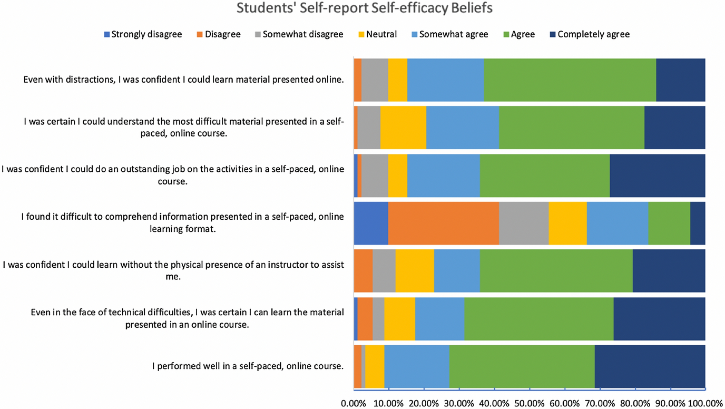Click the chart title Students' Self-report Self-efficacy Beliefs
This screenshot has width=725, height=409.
pyautogui.click(x=365, y=8)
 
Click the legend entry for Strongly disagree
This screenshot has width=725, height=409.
pyautogui.click(x=143, y=34)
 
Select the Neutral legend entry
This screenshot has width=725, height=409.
pyautogui.click(x=378, y=34)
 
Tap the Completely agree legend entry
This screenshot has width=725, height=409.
pyautogui.click(x=590, y=34)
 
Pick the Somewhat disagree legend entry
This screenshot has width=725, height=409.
pyautogui.click(x=299, y=34)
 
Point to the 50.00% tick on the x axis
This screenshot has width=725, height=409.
pyautogui.click(x=530, y=404)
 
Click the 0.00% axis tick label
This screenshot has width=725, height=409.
pyautogui.click(x=354, y=404)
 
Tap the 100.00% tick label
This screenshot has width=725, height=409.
pyautogui.click(x=706, y=404)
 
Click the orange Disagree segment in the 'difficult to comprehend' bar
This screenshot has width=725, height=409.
pyautogui.click(x=444, y=223)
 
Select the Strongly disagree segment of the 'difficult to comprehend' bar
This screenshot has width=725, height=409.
pyautogui.click(x=371, y=223)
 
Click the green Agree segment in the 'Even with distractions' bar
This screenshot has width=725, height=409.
pyautogui.click(x=570, y=80)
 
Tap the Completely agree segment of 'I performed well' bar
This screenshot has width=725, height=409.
pyautogui.click(x=650, y=366)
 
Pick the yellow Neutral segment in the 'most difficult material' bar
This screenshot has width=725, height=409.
pyautogui.click(x=403, y=127)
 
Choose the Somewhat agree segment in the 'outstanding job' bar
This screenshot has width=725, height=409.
pyautogui.click(x=444, y=176)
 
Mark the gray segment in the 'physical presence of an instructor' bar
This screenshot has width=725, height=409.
pyautogui.click(x=384, y=271)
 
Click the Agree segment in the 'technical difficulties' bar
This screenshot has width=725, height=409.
pyautogui.click(x=539, y=319)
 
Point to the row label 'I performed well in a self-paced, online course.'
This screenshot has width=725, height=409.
pyautogui.click(x=248, y=366)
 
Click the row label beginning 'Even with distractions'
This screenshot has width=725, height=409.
pyautogui.click(x=183, y=80)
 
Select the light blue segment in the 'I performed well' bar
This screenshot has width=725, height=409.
pyautogui.click(x=417, y=366)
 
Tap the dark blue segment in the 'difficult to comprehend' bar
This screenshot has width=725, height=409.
pyautogui.click(x=698, y=223)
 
